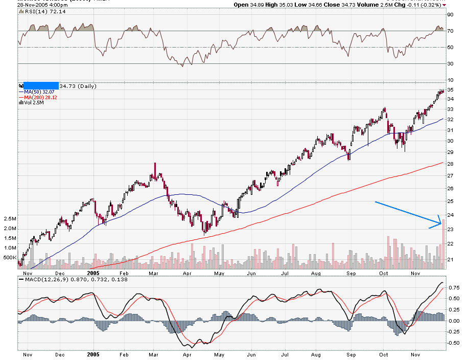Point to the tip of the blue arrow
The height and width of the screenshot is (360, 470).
441,223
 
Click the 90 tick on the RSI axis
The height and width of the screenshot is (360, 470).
451,15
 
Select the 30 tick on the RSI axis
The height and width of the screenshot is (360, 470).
451,64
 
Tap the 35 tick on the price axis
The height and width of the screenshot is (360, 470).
451,90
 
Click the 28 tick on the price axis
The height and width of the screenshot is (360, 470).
451,164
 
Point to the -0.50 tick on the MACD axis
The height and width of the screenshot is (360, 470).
453,343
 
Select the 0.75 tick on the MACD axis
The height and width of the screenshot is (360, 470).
453,287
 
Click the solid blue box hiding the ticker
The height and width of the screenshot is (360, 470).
41,86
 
